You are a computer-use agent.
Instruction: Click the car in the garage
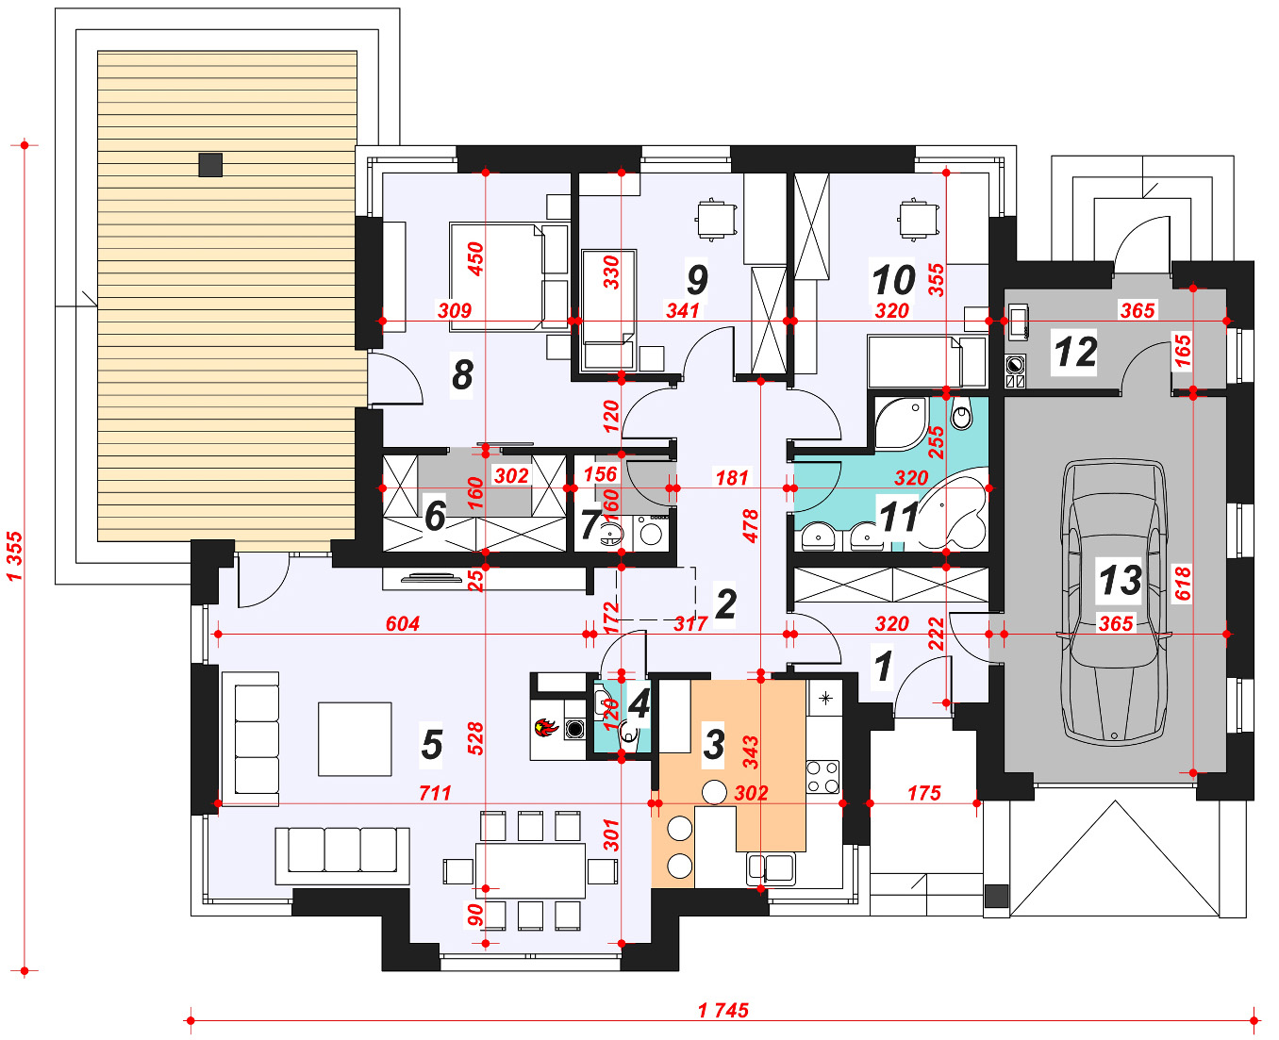[x=1115, y=603]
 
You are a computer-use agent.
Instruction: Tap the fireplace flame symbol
[x=546, y=727]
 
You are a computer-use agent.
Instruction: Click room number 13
[x=1121, y=580]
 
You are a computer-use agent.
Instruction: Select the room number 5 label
[x=432, y=745]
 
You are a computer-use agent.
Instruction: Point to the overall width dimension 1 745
[x=723, y=1010]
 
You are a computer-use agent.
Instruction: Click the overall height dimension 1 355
[x=14, y=555]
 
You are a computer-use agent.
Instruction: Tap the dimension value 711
[x=435, y=793]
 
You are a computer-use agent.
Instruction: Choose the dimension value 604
[x=403, y=623]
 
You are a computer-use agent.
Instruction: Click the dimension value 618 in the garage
[x=1182, y=584]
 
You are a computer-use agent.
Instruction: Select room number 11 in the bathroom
[x=898, y=516]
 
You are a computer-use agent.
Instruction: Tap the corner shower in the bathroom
[x=900, y=423]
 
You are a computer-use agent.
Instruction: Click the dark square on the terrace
[x=210, y=165]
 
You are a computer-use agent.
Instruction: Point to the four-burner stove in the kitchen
[x=822, y=777]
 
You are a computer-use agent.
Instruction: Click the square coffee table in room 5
[x=355, y=738]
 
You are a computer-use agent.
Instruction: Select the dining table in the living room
[x=530, y=870]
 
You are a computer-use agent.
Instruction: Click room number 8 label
[x=462, y=374]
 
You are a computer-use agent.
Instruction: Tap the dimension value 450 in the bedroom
[x=475, y=258]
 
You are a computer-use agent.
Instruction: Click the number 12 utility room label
[x=1075, y=352]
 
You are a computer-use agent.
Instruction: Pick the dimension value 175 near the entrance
[x=924, y=793]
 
